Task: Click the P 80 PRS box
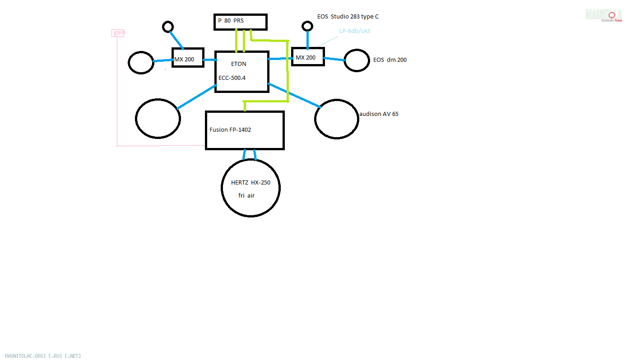(x=240, y=22)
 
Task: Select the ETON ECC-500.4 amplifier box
(x=242, y=72)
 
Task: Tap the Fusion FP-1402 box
(x=245, y=130)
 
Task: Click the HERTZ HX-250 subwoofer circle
(x=251, y=187)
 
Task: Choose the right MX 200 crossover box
(x=308, y=57)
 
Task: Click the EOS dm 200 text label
(x=390, y=60)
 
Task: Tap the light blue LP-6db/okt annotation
(x=354, y=31)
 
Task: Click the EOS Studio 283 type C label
(x=348, y=17)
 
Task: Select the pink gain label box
(x=118, y=32)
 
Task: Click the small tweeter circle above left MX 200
(x=168, y=27)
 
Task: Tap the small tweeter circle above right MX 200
(x=307, y=26)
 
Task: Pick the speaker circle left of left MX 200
(x=141, y=62)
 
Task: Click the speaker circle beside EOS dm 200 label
(x=357, y=60)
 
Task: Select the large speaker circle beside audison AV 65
(x=336, y=119)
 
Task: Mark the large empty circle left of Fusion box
(x=158, y=119)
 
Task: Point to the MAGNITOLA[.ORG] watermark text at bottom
(x=43, y=356)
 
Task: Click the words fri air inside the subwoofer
(x=246, y=196)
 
